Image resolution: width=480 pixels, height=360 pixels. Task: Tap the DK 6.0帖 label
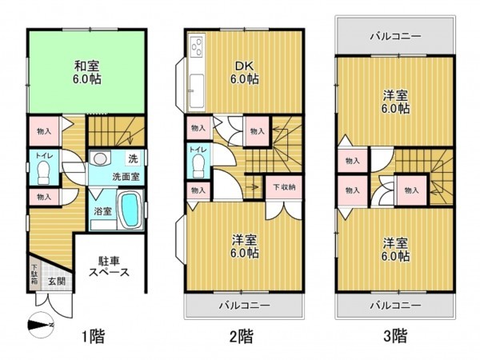244,72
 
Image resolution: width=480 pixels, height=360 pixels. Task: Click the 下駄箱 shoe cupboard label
34,275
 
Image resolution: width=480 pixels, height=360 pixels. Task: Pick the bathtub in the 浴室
129,211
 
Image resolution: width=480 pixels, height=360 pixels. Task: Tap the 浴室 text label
102,212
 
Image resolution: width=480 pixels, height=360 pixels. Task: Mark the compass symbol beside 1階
40,326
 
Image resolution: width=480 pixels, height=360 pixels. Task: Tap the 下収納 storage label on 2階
283,187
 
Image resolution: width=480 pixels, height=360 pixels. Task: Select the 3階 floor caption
394,335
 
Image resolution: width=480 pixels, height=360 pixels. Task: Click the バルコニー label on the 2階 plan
244,304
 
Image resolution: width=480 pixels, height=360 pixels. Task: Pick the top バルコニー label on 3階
394,36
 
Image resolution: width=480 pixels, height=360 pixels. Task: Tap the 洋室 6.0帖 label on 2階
244,246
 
